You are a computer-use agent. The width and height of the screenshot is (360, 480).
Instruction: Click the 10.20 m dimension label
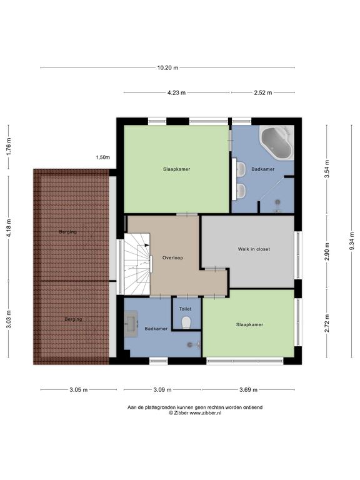(167, 68)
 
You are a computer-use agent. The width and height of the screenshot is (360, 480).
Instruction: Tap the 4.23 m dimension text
(176, 92)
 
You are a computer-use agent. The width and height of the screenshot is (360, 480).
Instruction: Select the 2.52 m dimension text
(263, 92)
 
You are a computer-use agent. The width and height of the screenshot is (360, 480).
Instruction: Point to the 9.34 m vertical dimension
(351, 241)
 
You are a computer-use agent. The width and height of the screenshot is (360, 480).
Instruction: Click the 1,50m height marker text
(103, 157)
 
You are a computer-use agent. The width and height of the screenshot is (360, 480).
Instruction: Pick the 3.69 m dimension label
(248, 390)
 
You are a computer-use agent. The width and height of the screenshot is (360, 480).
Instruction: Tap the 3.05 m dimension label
(78, 390)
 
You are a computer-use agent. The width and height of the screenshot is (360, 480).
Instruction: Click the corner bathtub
(277, 142)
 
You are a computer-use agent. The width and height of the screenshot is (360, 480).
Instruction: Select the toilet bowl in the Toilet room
(186, 322)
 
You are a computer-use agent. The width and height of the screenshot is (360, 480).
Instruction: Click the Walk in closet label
(254, 249)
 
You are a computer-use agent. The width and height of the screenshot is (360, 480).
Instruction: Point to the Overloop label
(172, 257)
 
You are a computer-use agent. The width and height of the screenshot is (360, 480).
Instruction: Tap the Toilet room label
(185, 309)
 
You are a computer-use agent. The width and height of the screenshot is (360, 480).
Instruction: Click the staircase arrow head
(147, 245)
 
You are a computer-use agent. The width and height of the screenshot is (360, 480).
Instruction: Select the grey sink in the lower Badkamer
(131, 324)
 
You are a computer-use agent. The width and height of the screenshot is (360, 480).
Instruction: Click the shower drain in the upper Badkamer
(278, 202)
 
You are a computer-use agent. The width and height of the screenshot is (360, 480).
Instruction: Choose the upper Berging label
(68, 232)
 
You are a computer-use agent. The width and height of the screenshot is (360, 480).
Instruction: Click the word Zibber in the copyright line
(181, 412)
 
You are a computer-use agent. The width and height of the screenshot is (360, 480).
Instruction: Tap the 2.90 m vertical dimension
(327, 252)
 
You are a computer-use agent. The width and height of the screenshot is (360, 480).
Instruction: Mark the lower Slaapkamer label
(250, 324)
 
